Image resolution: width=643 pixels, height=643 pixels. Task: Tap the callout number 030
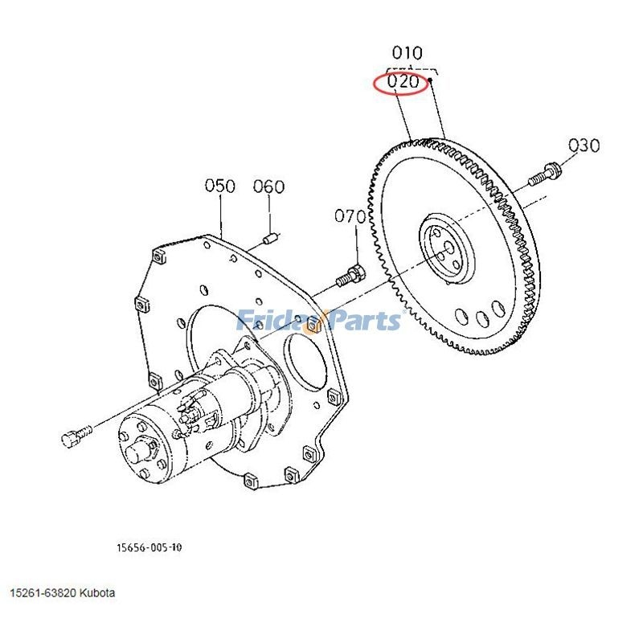[x=584, y=145]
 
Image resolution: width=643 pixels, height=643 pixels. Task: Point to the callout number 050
[x=220, y=186]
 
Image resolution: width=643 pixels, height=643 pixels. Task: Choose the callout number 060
[x=268, y=187]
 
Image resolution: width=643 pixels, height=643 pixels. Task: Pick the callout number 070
[x=350, y=216]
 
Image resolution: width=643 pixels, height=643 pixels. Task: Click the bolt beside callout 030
[x=544, y=172]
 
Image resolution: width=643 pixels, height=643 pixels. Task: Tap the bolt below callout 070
[x=349, y=274]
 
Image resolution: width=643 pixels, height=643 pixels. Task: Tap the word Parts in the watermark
[x=362, y=321]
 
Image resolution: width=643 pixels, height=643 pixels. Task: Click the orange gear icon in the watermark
[x=312, y=322]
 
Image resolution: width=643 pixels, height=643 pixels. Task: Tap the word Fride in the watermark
[x=268, y=321]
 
